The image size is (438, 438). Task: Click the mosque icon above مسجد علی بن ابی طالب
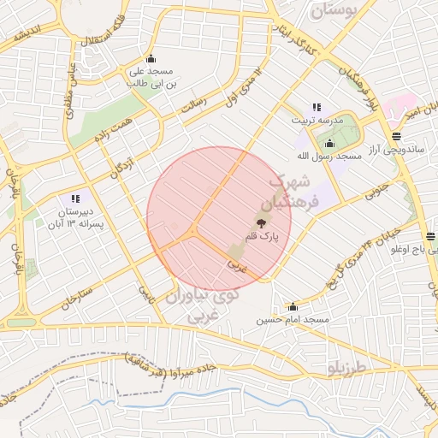(151, 58)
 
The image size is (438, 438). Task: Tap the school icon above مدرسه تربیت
(317, 107)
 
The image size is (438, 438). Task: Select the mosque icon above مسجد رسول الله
(329, 143)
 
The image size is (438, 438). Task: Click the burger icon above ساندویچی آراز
(395, 136)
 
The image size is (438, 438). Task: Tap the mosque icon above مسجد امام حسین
(293, 306)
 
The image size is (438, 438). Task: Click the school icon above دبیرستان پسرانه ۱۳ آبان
(75, 198)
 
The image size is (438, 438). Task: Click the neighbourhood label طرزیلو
(346, 369)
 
